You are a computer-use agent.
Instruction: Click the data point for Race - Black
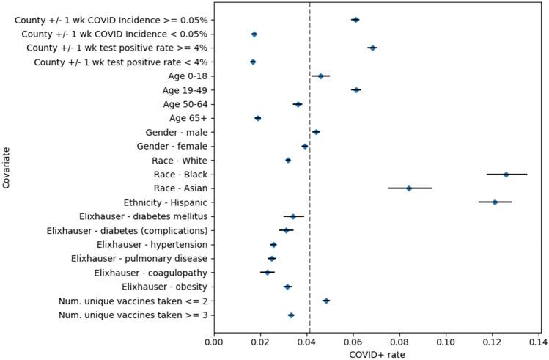506,175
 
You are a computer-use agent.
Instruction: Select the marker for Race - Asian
409,188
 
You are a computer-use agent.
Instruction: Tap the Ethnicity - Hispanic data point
495,202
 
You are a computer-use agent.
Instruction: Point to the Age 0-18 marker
320,76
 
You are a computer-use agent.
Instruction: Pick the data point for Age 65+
258,118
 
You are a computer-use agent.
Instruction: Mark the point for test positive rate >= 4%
372,48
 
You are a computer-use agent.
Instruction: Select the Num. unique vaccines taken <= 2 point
326,301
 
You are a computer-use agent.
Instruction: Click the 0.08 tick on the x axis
399,340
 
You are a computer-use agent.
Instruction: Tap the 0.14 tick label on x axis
539,340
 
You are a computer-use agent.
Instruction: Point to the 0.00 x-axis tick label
214,340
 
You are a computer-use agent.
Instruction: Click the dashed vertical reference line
309,220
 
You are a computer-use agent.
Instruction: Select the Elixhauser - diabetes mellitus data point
292,216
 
